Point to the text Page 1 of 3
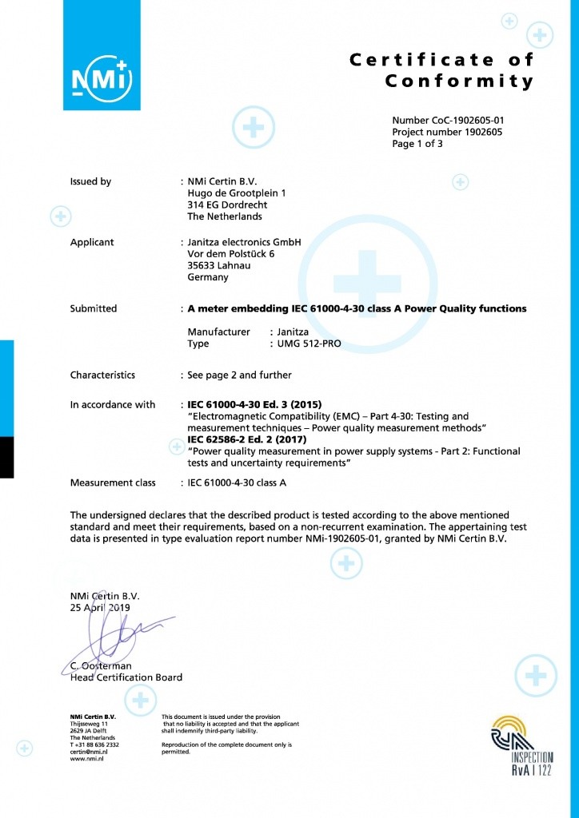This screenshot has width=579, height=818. click(417, 145)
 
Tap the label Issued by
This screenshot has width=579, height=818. click(90, 181)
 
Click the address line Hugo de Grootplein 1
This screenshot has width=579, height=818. click(236, 193)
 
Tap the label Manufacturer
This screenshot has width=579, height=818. click(218, 331)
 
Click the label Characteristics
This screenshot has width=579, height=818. click(102, 375)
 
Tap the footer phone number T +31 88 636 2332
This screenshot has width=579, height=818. click(94, 744)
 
